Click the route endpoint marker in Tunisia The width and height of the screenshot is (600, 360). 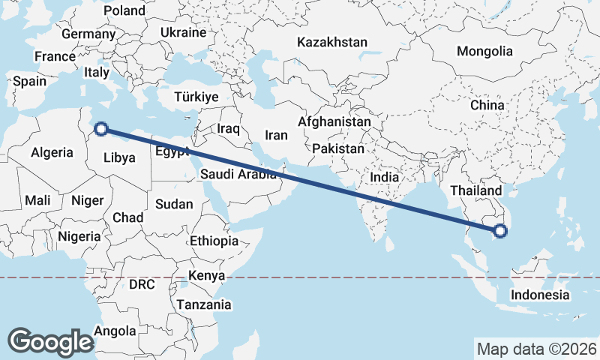click(102, 130)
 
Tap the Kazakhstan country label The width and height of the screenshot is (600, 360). click(332, 42)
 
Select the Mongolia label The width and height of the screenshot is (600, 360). click(484, 52)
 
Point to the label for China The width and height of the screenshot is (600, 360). click(487, 105)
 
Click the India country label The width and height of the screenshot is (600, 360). click(385, 178)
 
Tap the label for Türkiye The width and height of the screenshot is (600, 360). click(196, 97)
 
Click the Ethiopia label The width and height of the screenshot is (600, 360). click(214, 241)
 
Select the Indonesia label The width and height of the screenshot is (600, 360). click(540, 295)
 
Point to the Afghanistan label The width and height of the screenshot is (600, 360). click(334, 121)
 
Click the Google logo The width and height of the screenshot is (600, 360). click(50, 341)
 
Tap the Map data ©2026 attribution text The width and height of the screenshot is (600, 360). click(536, 349)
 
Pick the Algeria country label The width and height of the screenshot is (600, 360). click(52, 152)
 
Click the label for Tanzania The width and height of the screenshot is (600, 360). click(203, 304)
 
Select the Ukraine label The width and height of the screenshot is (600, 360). click(183, 33)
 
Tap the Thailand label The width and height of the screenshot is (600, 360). click(475, 190)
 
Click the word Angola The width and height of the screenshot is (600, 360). click(116, 331)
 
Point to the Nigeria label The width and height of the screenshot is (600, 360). click(78, 236)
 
